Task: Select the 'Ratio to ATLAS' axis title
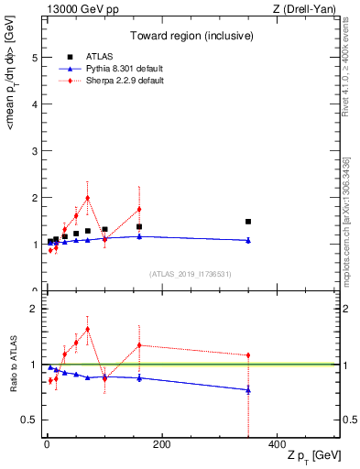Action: coord(12,364)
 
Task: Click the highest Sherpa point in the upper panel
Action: coord(87,198)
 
